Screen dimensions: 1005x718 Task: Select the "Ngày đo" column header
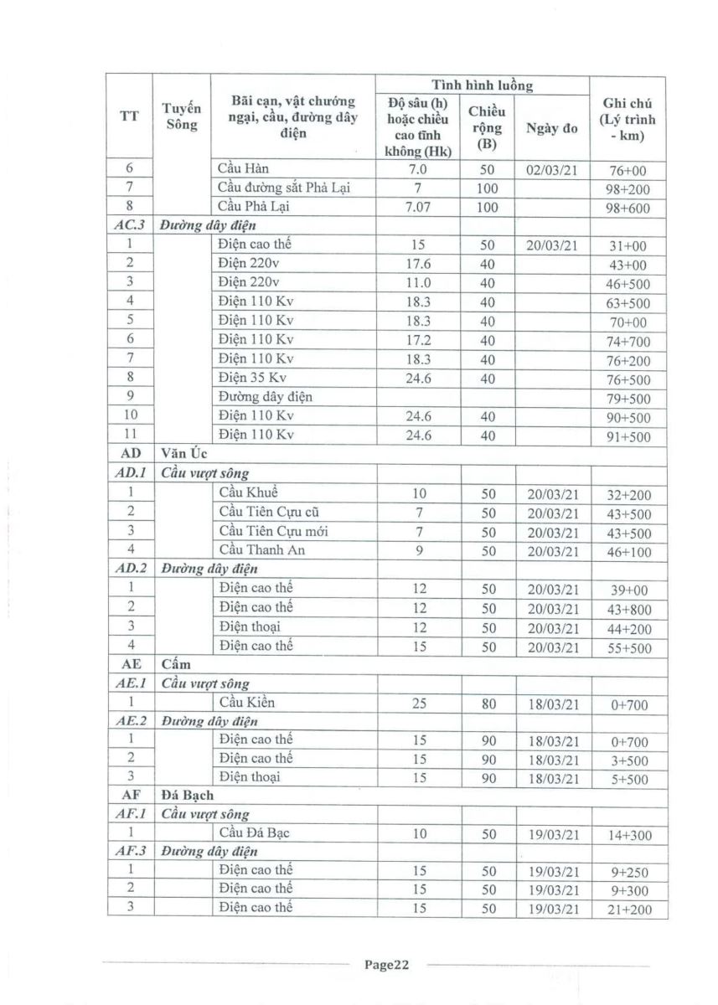[x=552, y=128]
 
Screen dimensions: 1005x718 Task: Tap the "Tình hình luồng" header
[x=482, y=85]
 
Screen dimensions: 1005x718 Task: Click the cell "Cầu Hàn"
[x=243, y=170]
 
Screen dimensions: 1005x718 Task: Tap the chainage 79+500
[x=628, y=398]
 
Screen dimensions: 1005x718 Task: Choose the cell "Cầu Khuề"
[x=248, y=492]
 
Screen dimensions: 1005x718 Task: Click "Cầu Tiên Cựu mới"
[x=270, y=531]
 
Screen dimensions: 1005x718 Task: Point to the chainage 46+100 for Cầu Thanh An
[x=628, y=552]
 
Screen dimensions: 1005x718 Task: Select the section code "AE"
[x=129, y=666]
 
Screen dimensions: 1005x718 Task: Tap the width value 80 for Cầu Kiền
[x=488, y=704]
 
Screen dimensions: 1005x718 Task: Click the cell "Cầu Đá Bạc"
[x=255, y=832]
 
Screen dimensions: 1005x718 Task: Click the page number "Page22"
[x=386, y=965]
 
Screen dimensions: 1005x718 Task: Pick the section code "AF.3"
[x=129, y=852]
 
